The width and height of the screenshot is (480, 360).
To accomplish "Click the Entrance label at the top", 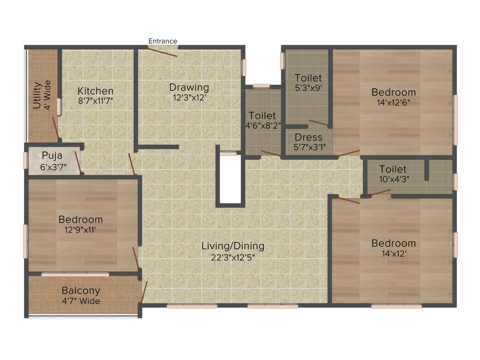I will point(163,41).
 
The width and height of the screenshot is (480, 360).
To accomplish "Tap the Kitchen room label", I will point(96,91).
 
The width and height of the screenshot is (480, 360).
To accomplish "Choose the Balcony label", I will point(81,291).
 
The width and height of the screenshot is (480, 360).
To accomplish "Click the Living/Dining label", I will point(233,246).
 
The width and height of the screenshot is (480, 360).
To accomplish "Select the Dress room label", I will point(308,137).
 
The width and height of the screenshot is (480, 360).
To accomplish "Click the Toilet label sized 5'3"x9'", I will point(308,78).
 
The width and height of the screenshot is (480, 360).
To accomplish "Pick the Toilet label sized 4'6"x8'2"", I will point(262,115).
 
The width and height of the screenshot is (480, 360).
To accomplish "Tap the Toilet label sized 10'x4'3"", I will point(393,169).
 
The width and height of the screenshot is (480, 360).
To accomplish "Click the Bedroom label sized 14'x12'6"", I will point(393,92).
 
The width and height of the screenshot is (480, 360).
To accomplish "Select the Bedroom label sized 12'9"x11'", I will point(80,219).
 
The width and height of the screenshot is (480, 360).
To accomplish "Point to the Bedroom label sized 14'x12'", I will point(393,243).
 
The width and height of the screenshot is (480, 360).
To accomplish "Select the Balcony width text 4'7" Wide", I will point(81,301).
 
